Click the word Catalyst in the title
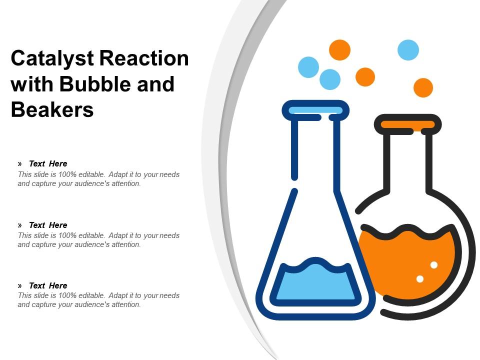click(x=52, y=59)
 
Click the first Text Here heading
click(x=48, y=163)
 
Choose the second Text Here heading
click(x=48, y=225)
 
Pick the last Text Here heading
click(x=48, y=285)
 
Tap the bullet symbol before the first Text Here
click(x=20, y=163)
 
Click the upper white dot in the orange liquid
click(x=434, y=264)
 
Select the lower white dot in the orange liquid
click(x=420, y=278)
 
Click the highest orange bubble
click(x=339, y=50)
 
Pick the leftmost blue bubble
click(x=308, y=67)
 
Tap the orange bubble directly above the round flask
click(x=423, y=87)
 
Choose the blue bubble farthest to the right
click(x=408, y=50)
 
